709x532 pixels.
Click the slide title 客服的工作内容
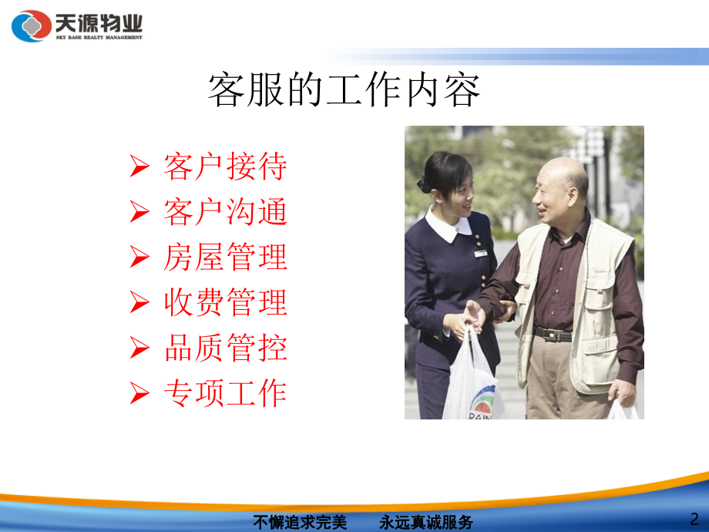344,91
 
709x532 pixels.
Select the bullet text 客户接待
225,167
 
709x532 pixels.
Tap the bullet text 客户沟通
225,212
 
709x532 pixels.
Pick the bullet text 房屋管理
225,258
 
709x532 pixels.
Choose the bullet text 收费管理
225,303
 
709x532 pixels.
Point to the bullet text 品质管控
225,348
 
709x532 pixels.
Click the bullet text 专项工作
225,394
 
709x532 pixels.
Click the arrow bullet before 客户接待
139,167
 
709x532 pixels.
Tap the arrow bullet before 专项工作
139,394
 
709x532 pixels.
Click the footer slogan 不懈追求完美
301,522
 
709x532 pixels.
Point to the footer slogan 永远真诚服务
427,522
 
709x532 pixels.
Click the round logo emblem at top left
32,26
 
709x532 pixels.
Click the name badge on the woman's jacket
480,253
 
